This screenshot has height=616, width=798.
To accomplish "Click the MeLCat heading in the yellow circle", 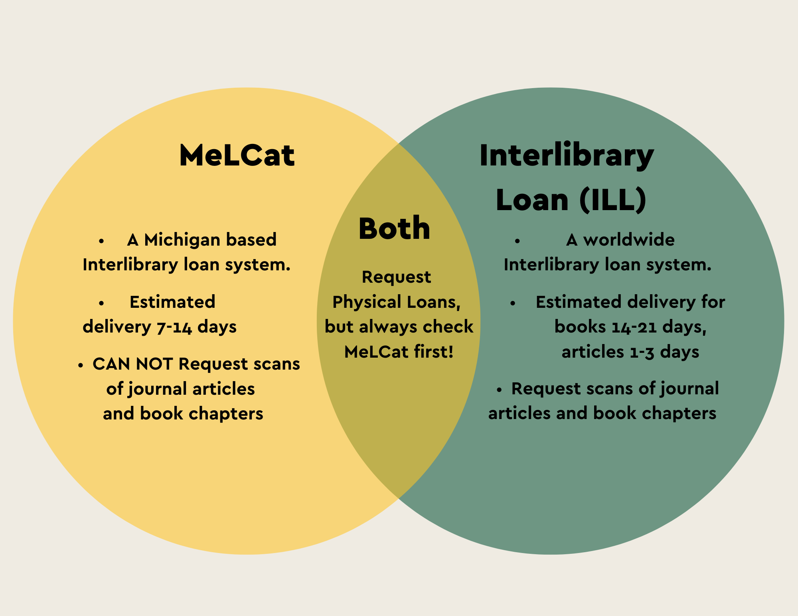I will coord(237,155).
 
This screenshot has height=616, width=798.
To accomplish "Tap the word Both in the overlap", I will coord(394,228).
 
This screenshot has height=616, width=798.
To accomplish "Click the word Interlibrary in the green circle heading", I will coord(566,155).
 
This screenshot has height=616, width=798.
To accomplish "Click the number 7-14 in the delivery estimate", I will coord(174,327).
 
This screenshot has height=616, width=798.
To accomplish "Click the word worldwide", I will coord(629,240).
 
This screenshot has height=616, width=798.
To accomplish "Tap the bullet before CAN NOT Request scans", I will coord(81,365).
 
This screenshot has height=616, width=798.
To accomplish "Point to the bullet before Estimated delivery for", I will coord(513,303).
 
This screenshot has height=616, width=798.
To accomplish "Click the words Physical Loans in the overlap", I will coord(396,302).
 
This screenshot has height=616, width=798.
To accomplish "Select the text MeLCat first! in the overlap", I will coord(399,352).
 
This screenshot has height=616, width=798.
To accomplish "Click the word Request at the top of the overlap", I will coord(396,277).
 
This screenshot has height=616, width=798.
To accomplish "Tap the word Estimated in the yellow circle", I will coord(172,302).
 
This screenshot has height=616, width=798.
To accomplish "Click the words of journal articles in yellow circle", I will coord(180,389).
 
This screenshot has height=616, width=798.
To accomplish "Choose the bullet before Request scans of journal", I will coord(499,390).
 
